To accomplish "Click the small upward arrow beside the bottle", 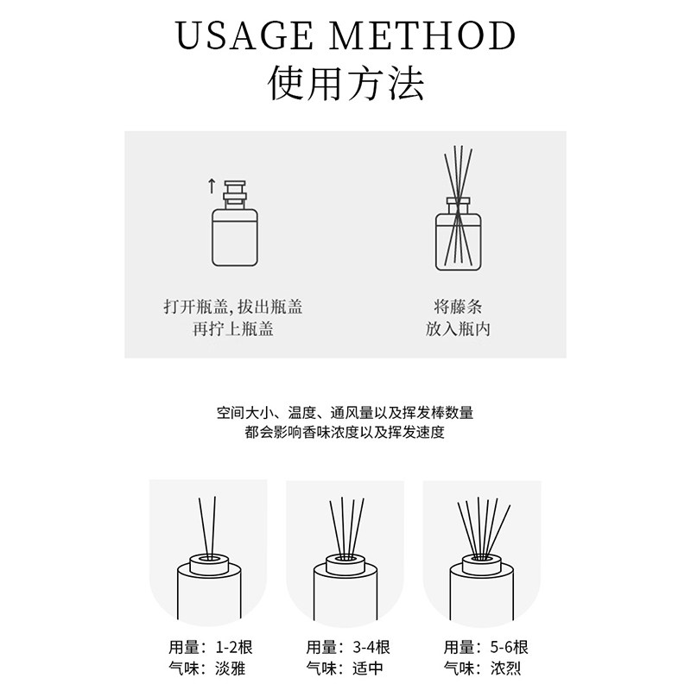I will pyautogui.click(x=210, y=184).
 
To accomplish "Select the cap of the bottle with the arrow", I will pyautogui.click(x=234, y=193).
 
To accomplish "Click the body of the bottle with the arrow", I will pyautogui.click(x=234, y=237).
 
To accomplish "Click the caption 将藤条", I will pyautogui.click(x=458, y=307).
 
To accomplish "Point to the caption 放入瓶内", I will pyautogui.click(x=458, y=329).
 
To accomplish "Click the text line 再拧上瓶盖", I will pyautogui.click(x=233, y=329).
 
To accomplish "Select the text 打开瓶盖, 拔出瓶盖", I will pyautogui.click(x=233, y=307).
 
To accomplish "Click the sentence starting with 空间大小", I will pyautogui.click(x=345, y=412).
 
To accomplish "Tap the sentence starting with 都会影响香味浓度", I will pyautogui.click(x=345, y=433).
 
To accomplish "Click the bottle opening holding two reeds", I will pyautogui.click(x=208, y=560).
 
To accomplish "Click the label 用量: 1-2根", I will pyautogui.click(x=210, y=647).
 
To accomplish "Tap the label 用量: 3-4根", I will pyautogui.click(x=347, y=647).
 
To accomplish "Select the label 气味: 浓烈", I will pyautogui.click(x=484, y=669).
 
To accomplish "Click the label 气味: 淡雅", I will pyautogui.click(x=210, y=669).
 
